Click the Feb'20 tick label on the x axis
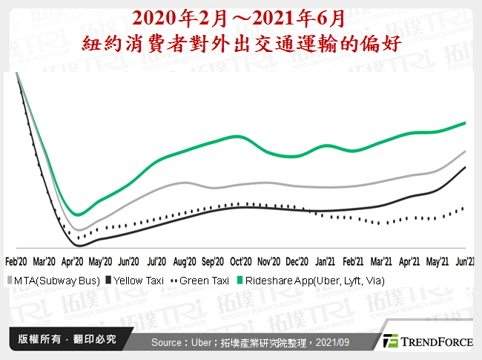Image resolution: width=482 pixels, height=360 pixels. [17, 261]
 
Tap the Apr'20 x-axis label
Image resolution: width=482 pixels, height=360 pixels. [73, 261]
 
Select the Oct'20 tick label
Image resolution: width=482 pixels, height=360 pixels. [240, 261]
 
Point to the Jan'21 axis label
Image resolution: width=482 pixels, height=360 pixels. [325, 261]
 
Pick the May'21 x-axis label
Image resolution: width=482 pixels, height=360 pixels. [437, 261]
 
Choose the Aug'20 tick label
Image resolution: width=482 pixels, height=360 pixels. [185, 261]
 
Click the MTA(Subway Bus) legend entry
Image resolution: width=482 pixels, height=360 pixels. [53, 281]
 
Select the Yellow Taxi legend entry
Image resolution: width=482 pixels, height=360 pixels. [136, 281]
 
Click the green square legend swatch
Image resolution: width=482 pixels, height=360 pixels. [240, 281]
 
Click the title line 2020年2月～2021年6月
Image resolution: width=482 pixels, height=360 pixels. [241, 17]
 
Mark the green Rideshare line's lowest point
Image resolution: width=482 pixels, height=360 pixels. [78, 215]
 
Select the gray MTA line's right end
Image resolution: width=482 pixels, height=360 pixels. [465, 151]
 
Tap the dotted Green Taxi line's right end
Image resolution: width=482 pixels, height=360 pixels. [465, 207]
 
